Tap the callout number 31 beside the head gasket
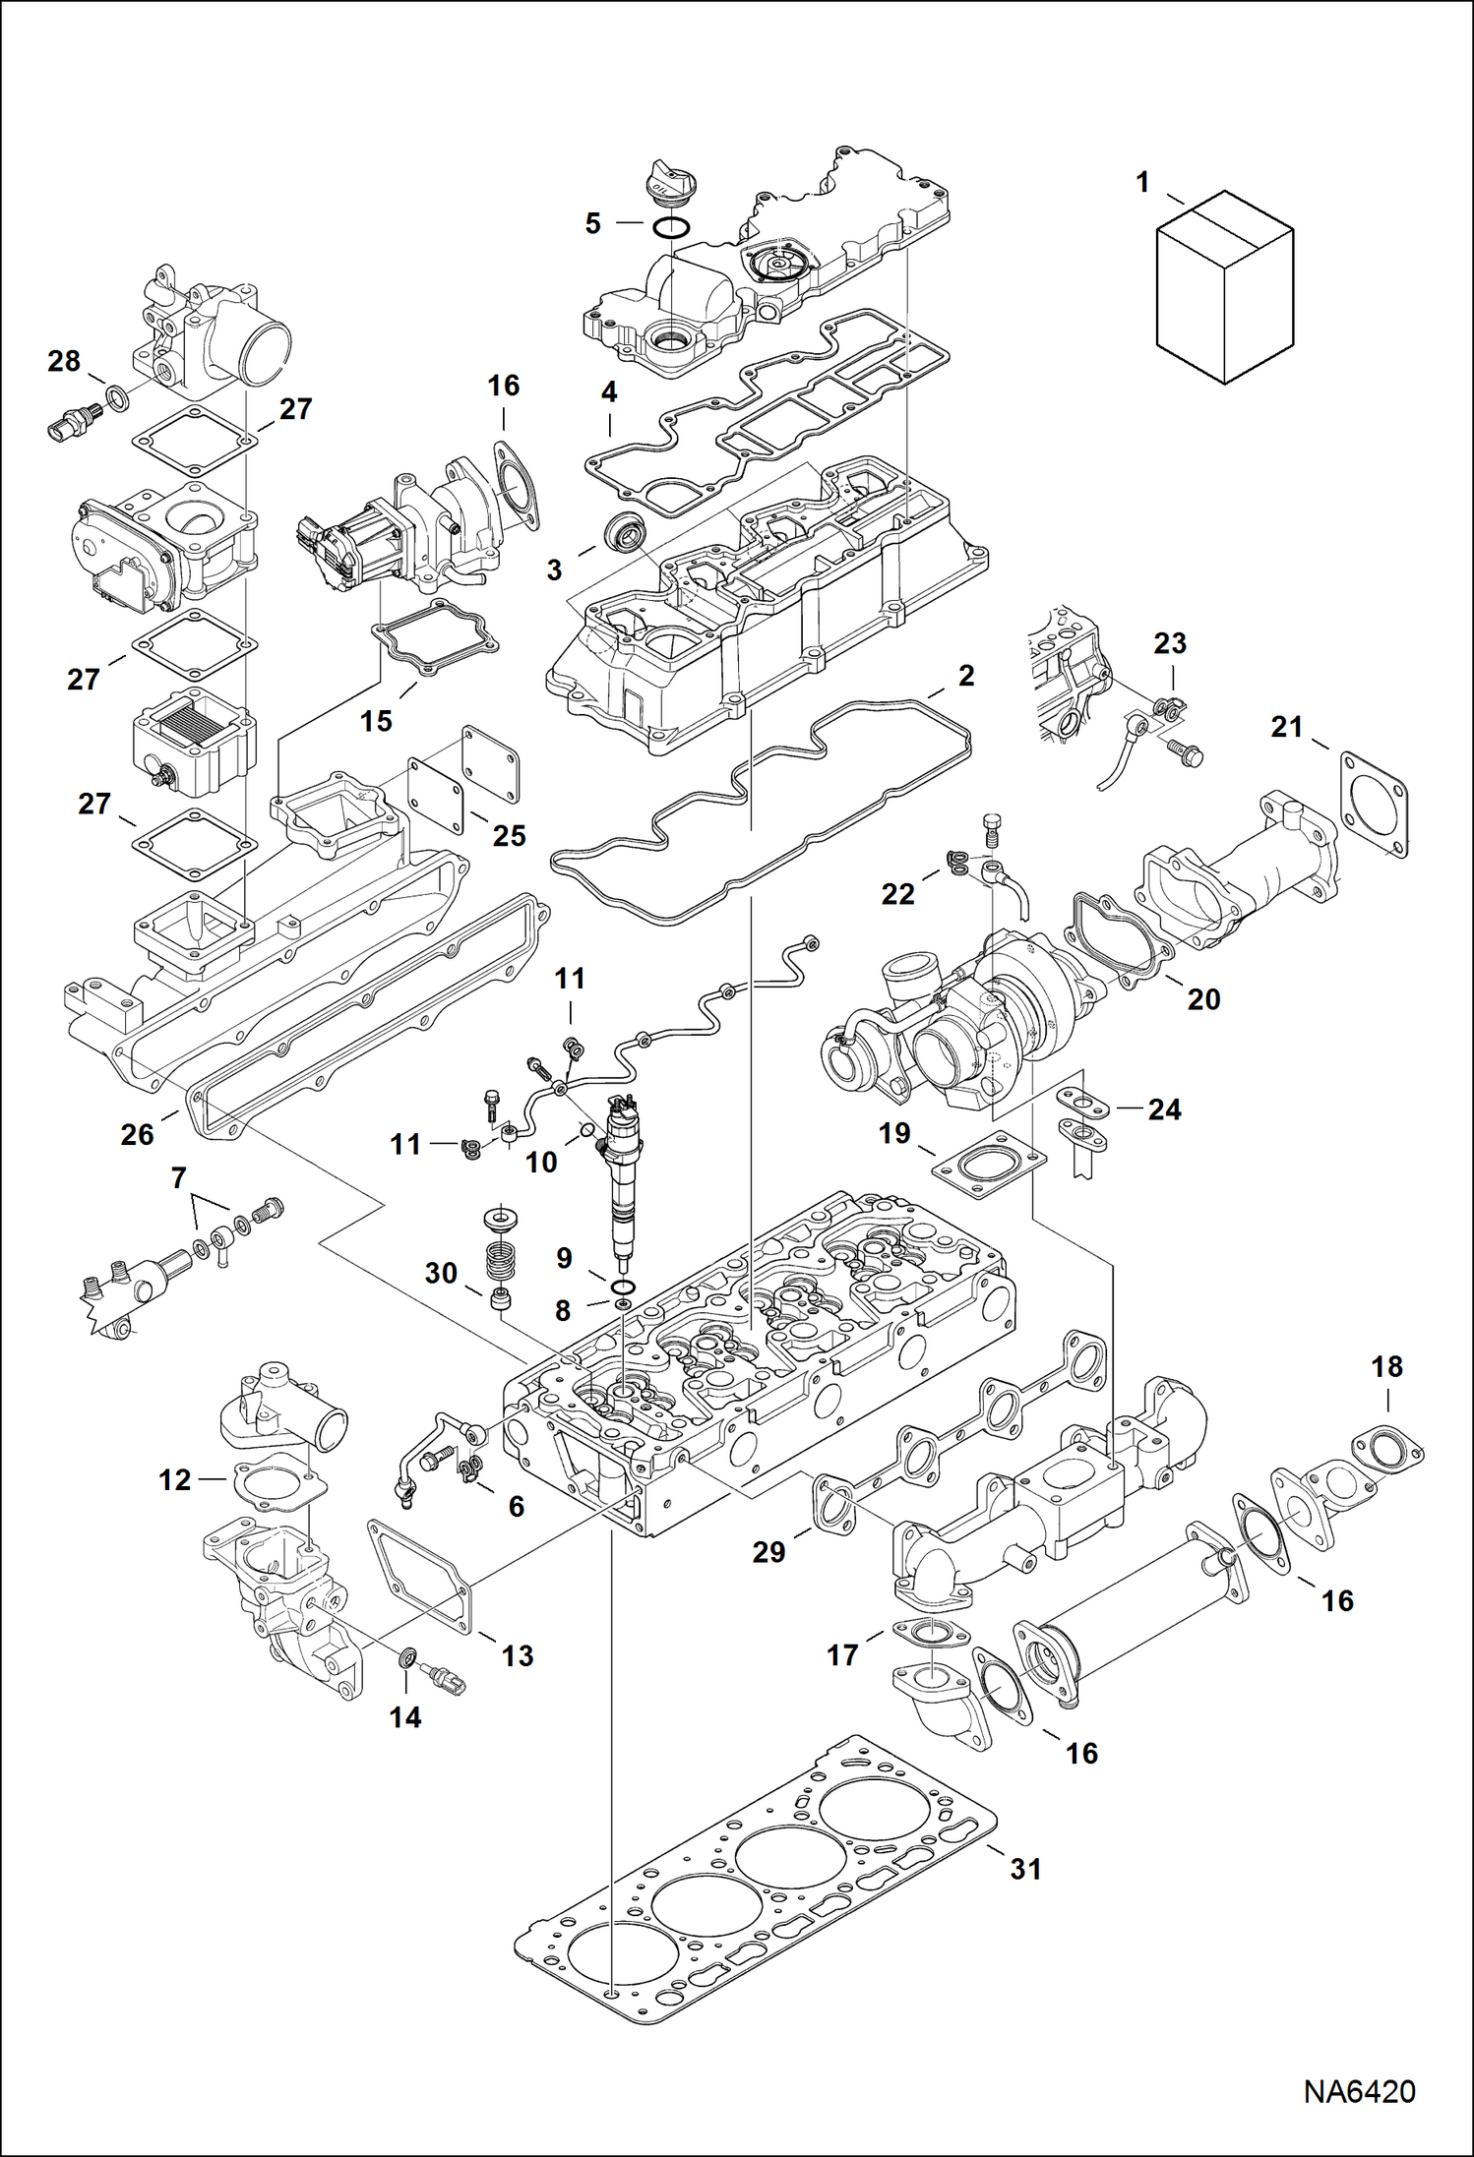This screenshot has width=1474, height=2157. (1025, 1869)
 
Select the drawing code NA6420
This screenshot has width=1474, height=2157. (1359, 2092)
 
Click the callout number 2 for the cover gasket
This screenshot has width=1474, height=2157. (966, 676)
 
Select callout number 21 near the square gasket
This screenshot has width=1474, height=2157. (1286, 727)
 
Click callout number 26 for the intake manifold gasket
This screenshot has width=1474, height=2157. (137, 1134)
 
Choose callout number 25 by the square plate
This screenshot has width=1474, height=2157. (509, 835)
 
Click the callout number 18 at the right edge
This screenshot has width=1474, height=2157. (1386, 1365)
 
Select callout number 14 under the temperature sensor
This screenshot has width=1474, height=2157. (404, 1716)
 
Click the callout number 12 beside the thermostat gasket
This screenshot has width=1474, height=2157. (174, 1479)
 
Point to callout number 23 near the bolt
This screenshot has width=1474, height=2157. (1169, 643)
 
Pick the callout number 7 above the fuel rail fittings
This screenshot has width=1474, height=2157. (178, 1177)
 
